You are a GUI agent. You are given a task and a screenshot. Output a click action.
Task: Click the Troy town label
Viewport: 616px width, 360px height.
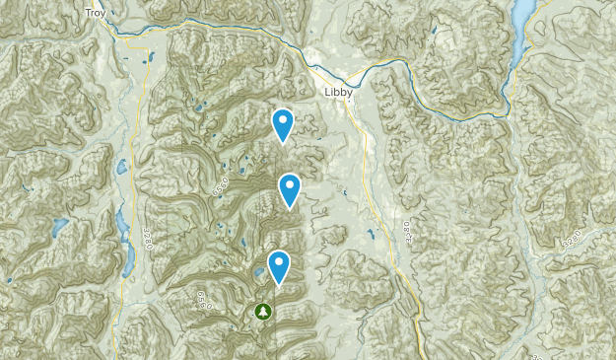point(95,13)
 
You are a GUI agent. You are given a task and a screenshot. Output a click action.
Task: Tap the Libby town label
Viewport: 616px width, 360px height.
point(338,93)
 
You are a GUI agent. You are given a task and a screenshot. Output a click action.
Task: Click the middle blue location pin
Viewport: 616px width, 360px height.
point(289,188)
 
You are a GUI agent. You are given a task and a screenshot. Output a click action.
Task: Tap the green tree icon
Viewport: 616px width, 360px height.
point(263,312)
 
